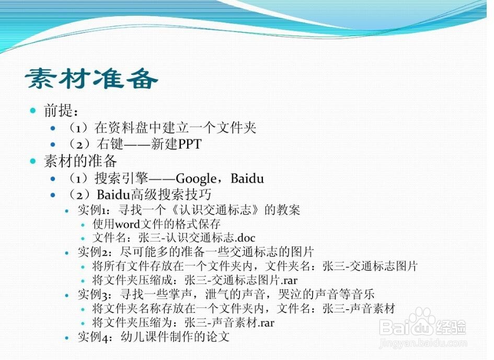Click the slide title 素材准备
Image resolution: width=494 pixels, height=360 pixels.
(x=91, y=78)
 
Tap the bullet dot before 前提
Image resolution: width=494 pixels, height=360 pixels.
(x=33, y=110)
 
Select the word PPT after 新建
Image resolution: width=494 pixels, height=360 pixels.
(x=190, y=144)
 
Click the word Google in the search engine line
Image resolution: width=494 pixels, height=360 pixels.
(x=196, y=179)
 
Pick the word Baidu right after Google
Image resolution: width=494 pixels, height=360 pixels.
(x=247, y=178)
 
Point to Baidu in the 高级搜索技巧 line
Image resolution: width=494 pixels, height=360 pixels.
(x=113, y=195)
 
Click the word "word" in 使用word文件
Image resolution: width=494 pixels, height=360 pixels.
(x=127, y=224)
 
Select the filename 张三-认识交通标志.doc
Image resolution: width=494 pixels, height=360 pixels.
(x=197, y=238)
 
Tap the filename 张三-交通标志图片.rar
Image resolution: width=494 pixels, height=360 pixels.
(x=241, y=280)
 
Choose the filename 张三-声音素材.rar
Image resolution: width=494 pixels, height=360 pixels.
(x=229, y=322)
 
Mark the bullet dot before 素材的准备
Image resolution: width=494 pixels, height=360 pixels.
(x=33, y=161)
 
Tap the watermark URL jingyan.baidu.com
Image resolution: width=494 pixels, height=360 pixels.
(x=423, y=342)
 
